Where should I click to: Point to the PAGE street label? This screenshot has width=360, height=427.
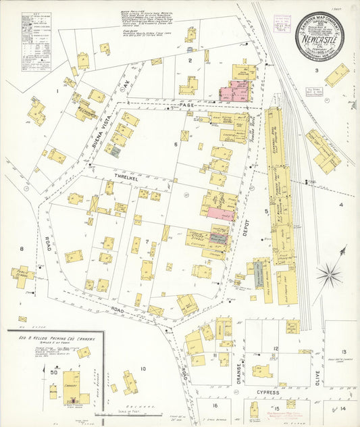187,105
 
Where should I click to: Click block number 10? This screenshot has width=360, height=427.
143,368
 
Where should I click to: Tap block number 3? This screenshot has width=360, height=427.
315,70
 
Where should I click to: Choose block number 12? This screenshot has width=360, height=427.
276,349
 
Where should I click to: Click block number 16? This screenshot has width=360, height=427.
215,406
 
